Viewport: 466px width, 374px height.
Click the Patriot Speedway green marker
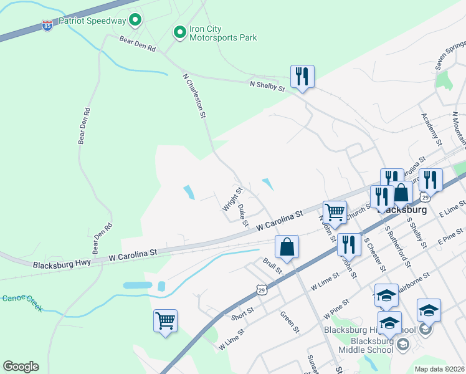[135, 21]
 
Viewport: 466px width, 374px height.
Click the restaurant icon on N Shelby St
[302, 77]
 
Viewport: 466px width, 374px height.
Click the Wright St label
[232, 198]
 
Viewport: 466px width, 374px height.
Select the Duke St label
[243, 214]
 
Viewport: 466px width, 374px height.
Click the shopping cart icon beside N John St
[335, 213]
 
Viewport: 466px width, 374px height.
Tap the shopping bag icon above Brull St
[287, 246]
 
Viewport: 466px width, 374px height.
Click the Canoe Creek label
[22, 302]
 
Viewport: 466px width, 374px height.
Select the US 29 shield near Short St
[262, 289]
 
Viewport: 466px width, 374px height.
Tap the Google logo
[21, 366]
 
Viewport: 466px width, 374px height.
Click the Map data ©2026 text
[439, 369]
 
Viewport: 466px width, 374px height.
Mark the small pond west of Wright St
[189, 193]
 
